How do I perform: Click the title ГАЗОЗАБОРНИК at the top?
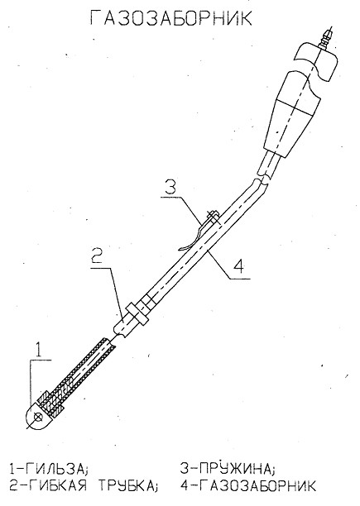pos(170,18)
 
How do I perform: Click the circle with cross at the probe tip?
pos(38,417)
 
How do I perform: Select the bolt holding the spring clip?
pos(214,215)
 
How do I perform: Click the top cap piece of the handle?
pos(316,60)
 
